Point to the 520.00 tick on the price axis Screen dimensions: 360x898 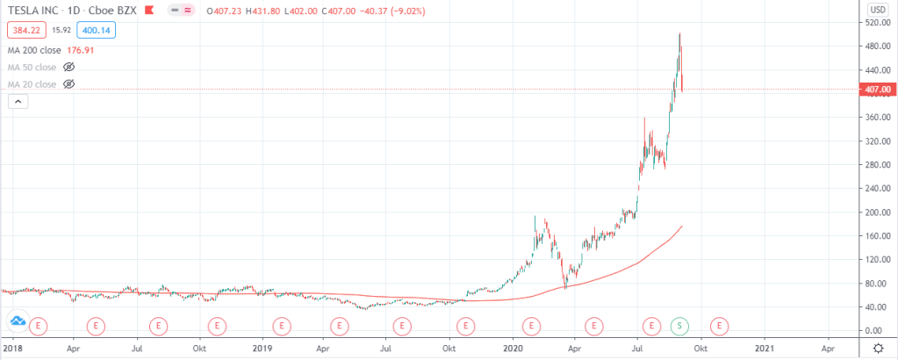pyautogui.click(x=878, y=23)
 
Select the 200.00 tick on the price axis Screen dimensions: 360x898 pyautogui.click(x=878, y=212)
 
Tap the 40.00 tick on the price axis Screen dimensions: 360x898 pyautogui.click(x=878, y=307)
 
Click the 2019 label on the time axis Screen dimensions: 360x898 pyautogui.click(x=262, y=349)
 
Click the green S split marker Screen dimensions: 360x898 pyautogui.click(x=679, y=326)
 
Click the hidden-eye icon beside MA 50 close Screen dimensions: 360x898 pyautogui.click(x=69, y=67)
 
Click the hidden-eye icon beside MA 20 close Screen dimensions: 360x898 pyautogui.click(x=69, y=83)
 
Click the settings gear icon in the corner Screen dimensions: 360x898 pyautogui.click(x=878, y=349)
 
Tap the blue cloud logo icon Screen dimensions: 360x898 pyautogui.click(x=16, y=324)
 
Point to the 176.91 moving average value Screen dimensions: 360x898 pyautogui.click(x=79, y=50)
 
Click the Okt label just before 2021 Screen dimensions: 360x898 pyautogui.click(x=700, y=349)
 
